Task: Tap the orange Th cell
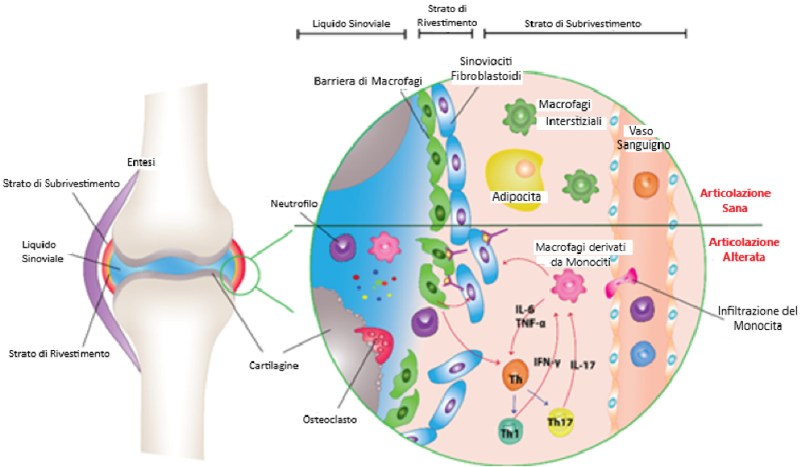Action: (515, 376)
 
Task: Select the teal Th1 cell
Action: (511, 431)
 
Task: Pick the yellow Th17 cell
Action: (560, 422)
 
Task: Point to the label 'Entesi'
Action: (141, 162)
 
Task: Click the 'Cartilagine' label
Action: (273, 365)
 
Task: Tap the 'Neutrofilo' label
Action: (294, 203)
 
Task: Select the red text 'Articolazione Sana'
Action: (735, 201)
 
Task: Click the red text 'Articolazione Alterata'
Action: (743, 249)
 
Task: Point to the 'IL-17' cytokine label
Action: (582, 365)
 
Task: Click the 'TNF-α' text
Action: (530, 323)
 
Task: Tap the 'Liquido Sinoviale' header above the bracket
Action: (351, 23)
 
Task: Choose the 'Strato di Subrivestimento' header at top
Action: (582, 23)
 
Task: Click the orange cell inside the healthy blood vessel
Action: (645, 185)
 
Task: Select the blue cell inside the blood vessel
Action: (643, 353)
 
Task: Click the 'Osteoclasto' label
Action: (330, 419)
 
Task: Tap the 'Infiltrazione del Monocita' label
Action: (758, 319)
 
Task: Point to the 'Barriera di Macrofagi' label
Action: (368, 81)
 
